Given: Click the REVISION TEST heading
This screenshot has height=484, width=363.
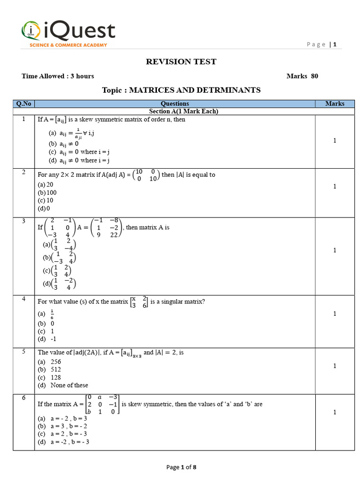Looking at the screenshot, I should pyautogui.click(x=181, y=61).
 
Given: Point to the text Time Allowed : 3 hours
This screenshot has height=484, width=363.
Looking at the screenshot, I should pyautogui.click(x=58, y=76).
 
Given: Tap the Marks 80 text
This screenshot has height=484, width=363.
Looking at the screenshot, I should pyautogui.click(x=302, y=76).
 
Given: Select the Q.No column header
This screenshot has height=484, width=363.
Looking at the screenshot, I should pyautogui.click(x=24, y=104).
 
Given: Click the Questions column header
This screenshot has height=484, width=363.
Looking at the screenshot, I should pyautogui.click(x=174, y=104).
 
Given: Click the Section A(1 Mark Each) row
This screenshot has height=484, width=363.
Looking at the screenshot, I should pyautogui.click(x=183, y=111).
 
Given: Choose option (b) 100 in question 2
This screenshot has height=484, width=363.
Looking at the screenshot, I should pyautogui.click(x=47, y=192).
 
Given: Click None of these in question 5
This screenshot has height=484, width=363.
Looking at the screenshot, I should pyautogui.click(x=69, y=385).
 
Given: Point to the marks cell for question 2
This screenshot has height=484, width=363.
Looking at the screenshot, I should pyautogui.click(x=335, y=186).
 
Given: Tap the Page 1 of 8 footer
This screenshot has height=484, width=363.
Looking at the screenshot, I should pyautogui.click(x=181, y=467).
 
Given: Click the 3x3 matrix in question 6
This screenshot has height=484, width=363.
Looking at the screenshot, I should pyautogui.click(x=103, y=405).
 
